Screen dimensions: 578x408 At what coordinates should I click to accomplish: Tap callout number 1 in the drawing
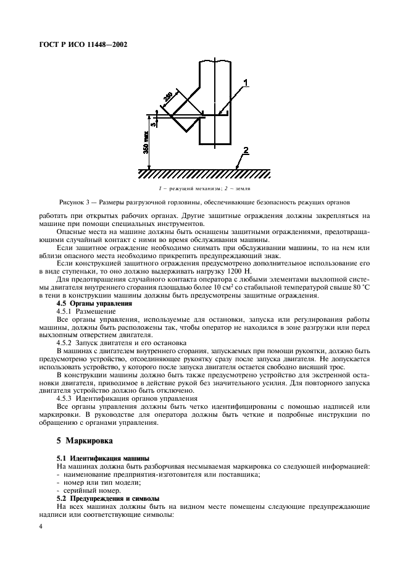click(x=245, y=82)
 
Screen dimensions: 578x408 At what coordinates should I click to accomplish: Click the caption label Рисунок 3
click(x=77, y=201)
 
